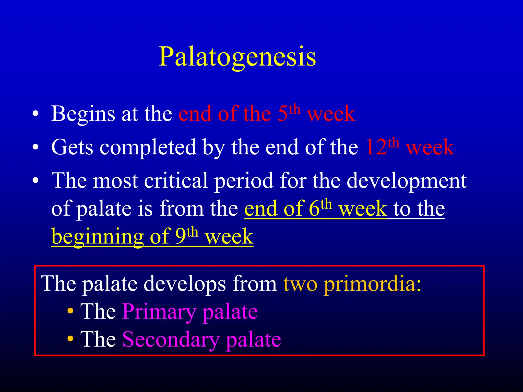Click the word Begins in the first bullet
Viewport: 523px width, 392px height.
pos(83,114)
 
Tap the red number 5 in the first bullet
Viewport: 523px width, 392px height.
pos(282,114)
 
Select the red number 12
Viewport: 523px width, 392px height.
pos(376,147)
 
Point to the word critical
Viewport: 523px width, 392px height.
pos(176,181)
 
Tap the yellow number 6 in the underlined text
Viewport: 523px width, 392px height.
pos(314,209)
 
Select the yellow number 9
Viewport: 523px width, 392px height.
pos(181,237)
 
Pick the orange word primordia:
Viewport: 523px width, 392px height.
pos(372,284)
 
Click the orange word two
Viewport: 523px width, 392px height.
pos(300,284)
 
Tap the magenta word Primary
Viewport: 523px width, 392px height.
pos(159,312)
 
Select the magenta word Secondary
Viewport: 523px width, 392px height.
pos(171,340)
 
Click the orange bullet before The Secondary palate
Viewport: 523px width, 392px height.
pos(70,339)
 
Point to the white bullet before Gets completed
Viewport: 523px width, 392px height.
pos(35,147)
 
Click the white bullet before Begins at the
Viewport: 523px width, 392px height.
pos(35,114)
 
